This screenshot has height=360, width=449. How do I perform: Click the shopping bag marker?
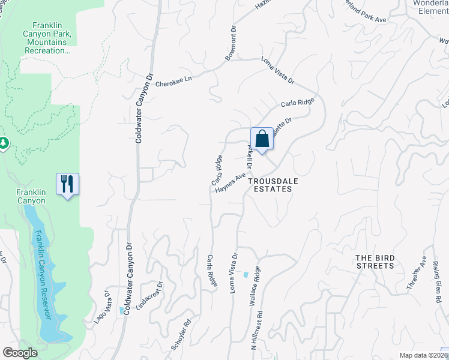[x=262, y=139]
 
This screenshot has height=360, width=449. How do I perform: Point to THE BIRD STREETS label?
[x=375, y=262]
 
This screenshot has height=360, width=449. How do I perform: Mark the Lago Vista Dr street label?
[x=102, y=307]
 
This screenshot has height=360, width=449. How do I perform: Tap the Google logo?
[x=20, y=353]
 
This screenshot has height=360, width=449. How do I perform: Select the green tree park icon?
[x=4, y=142]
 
